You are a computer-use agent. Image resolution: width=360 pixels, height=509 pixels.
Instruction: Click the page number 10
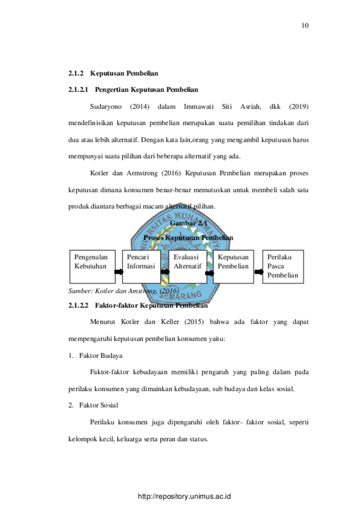(305, 25)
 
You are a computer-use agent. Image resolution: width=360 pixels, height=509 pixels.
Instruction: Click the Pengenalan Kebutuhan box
(92, 266)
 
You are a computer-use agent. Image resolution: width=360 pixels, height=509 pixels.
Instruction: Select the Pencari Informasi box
(141, 266)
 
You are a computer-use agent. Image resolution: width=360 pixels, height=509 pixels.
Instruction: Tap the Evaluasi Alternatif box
(188, 266)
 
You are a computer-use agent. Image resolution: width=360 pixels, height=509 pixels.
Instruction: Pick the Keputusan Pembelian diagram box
(233, 266)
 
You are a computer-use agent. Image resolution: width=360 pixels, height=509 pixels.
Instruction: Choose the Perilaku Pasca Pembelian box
(283, 266)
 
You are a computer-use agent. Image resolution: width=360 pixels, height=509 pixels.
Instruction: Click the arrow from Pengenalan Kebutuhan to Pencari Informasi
(119, 271)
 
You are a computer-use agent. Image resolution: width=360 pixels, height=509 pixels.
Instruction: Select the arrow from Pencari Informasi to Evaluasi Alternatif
(165, 272)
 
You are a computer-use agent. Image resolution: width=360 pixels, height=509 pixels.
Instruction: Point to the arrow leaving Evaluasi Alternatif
(210, 273)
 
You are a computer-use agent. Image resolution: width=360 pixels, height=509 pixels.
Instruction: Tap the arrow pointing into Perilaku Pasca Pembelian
(259, 272)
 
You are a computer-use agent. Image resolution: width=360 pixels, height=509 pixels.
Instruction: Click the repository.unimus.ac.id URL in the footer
(184, 496)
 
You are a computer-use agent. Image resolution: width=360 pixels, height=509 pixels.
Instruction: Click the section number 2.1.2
(76, 73)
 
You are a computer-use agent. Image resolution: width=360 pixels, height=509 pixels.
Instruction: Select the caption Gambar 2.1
(188, 223)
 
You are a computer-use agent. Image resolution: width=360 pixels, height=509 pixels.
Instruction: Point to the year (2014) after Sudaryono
(140, 106)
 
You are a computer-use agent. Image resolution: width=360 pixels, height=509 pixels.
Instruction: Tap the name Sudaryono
(106, 107)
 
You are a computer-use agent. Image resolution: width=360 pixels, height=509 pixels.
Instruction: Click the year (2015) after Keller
(194, 322)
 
